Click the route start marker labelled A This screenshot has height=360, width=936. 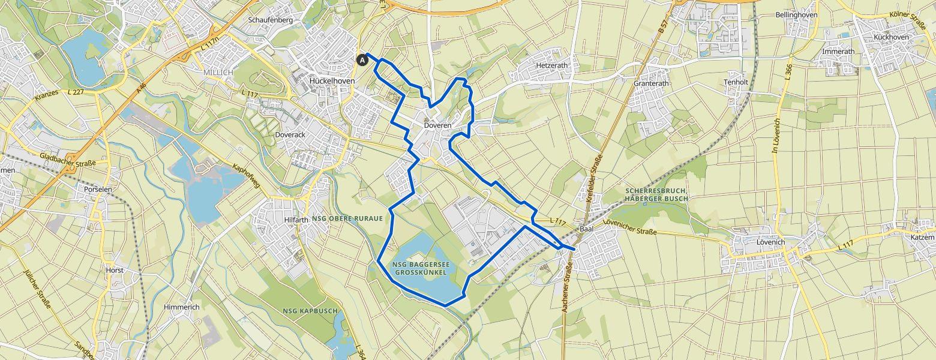362,59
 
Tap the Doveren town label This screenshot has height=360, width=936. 436,125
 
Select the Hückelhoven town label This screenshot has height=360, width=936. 332,80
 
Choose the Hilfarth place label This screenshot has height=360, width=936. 296,220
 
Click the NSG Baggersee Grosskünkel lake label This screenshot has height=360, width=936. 420,268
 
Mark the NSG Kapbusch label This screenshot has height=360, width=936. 310,310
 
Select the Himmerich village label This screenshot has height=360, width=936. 182,307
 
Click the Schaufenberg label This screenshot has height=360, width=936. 270,20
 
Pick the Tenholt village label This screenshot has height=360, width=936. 736,82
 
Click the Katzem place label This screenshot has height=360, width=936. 922,238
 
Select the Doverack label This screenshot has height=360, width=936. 290,135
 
